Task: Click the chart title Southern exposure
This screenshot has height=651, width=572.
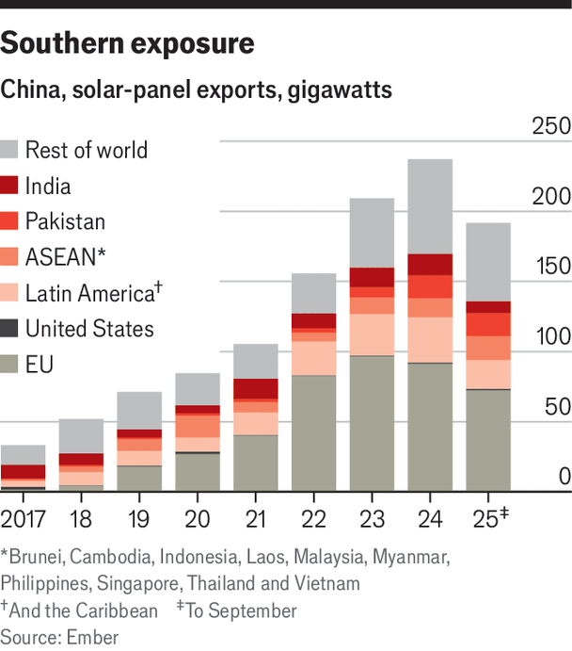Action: click(x=127, y=43)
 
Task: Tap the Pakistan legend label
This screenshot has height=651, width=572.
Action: click(x=65, y=222)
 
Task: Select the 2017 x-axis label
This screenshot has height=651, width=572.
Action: click(x=24, y=517)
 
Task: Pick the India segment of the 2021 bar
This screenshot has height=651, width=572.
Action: click(x=255, y=388)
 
